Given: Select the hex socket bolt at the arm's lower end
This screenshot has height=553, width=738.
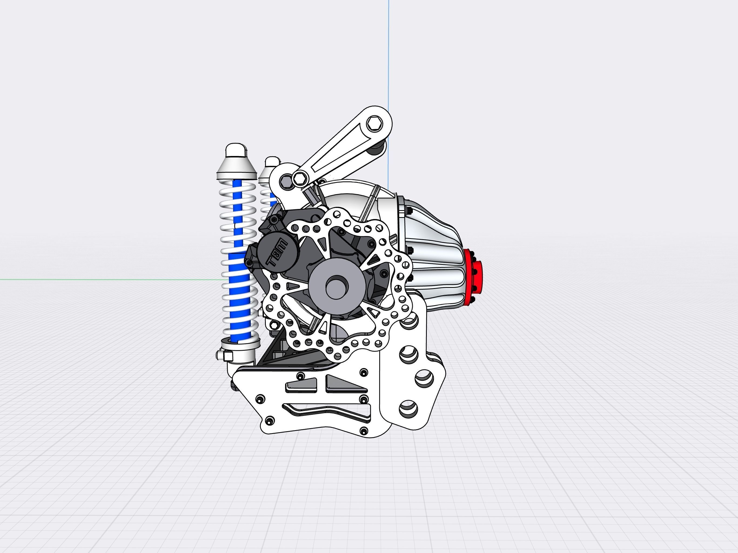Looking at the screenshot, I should (x=300, y=179).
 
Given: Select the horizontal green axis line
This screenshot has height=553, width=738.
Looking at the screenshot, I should (x=100, y=279).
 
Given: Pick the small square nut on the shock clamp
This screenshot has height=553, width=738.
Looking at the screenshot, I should (x=228, y=356).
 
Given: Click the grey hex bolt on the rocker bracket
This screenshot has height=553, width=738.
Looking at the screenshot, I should (x=286, y=182).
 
